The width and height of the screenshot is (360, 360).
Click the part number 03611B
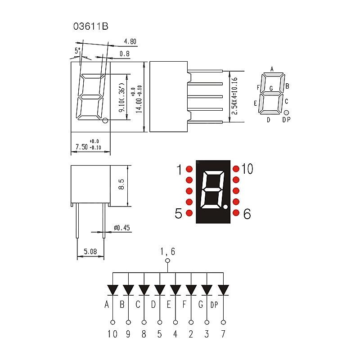pyautogui.click(x=91, y=27)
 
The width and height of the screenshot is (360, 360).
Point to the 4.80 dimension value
pyautogui.click(x=130, y=41)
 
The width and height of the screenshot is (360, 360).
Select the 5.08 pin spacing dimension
pyautogui.click(x=90, y=252)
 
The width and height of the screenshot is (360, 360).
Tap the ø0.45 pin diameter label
pyautogui.click(x=121, y=228)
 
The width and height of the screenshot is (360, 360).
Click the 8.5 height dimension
pyautogui.click(x=121, y=184)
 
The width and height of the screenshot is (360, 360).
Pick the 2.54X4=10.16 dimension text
pyautogui.click(x=234, y=96)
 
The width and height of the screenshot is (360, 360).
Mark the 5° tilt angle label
pyautogui.click(x=77, y=50)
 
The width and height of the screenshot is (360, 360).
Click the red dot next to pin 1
pyautogui.click(x=189, y=169)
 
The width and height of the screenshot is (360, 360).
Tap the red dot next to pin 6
pyautogui.click(x=236, y=213)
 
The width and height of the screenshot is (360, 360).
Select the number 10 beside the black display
pyautogui.click(x=247, y=169)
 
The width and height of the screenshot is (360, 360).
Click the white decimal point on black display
pyautogui.click(x=225, y=207)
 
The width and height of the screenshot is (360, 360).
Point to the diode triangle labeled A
pyautogui.click(x=113, y=290)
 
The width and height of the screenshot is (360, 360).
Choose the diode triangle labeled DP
pyautogui.click(x=223, y=290)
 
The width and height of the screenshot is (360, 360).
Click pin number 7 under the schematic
pyautogui.click(x=223, y=334)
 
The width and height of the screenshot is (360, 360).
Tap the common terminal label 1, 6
pyautogui.click(x=168, y=252)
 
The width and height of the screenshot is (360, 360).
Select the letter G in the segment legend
pyautogui.click(x=271, y=88)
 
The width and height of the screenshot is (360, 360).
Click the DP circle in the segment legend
pyautogui.click(x=286, y=112)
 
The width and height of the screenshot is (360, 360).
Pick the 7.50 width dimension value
pyautogui.click(x=82, y=147)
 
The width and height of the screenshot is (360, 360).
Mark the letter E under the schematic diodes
pyautogui.click(x=169, y=305)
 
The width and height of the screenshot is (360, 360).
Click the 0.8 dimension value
pyautogui.click(x=125, y=54)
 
